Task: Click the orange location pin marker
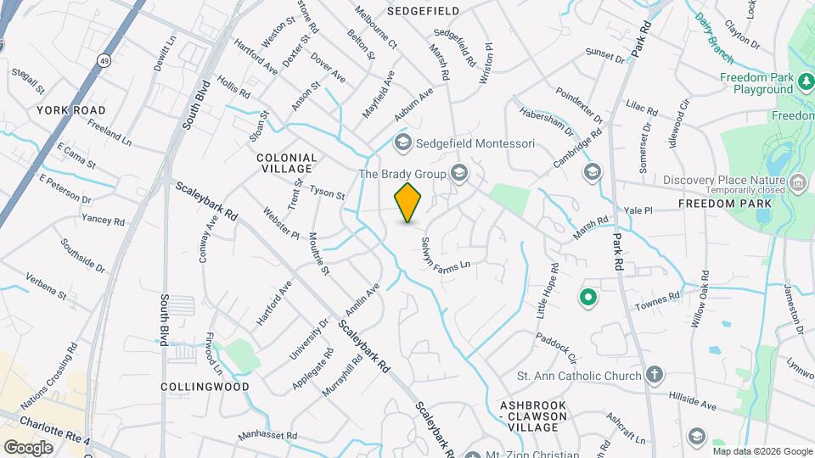[408, 203]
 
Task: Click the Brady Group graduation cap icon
[459, 174]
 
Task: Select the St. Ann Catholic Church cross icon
[654, 375]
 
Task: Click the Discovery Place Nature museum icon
[797, 181]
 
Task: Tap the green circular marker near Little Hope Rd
[587, 298]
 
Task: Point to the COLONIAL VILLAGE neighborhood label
[286, 163]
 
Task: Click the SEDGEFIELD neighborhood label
[423, 11]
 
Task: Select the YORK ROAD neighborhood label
[71, 110]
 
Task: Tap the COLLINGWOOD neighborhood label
[205, 387]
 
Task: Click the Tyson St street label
[327, 193]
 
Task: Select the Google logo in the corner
[28, 447]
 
